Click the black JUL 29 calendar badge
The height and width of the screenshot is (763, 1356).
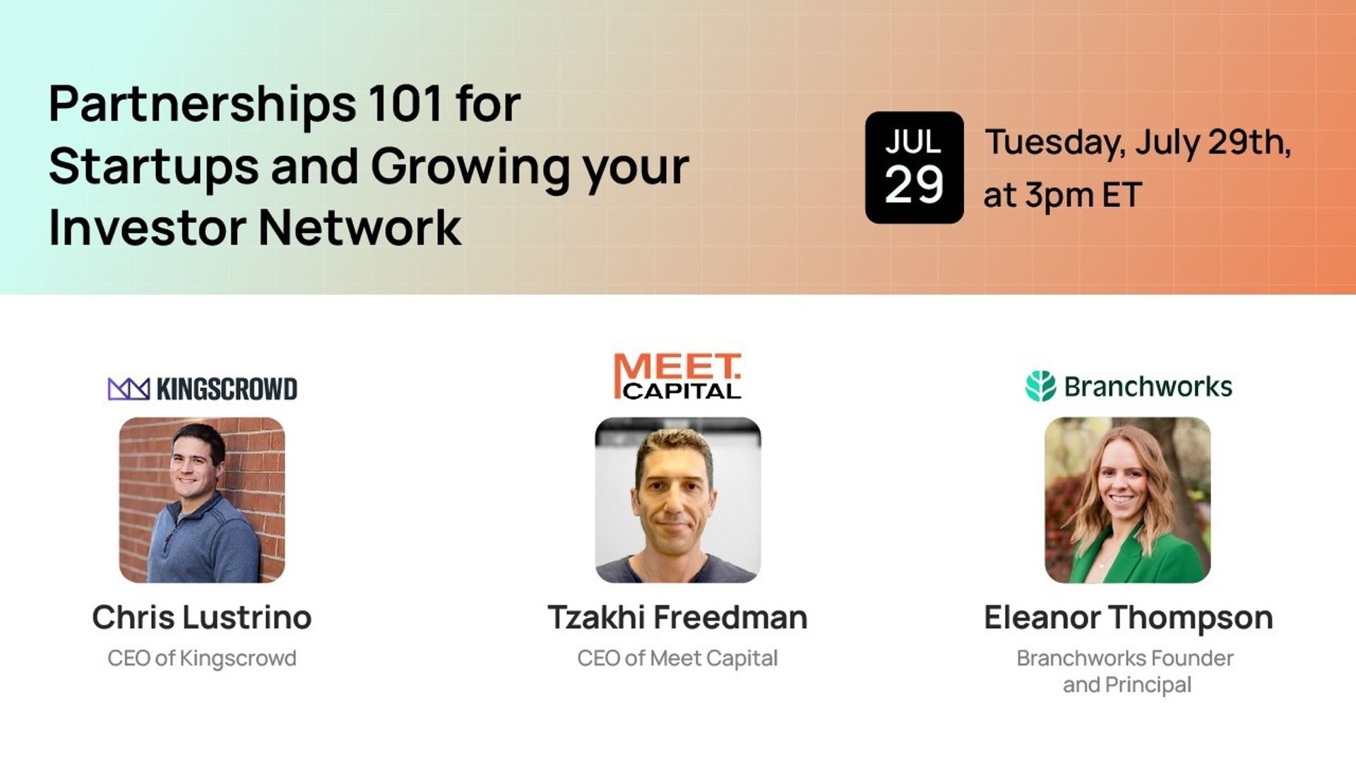coord(914,167)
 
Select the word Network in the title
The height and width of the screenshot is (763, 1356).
coord(360,227)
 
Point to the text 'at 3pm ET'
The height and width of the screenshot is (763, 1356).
coord(1062,196)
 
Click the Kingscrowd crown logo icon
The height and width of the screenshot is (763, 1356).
coord(129,389)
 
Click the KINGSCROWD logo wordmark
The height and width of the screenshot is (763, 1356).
coord(227,389)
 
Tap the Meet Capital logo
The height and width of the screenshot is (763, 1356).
coord(678,377)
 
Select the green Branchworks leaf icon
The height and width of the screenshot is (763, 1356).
coord(1040,386)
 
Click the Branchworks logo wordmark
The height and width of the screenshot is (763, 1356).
coord(1148,386)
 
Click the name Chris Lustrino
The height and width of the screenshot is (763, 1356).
coord(202,617)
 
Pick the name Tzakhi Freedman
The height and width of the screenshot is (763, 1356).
coord(677,617)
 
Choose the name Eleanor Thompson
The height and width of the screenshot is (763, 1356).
coord(1129,618)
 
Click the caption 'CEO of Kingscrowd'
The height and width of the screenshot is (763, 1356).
coord(202,658)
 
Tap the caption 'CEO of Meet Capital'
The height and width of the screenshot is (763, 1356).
coord(677,658)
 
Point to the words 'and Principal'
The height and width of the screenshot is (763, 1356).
coord(1127,685)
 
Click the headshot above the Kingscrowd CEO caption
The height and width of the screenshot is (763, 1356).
coord(202,500)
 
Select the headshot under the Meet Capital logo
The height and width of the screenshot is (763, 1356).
coord(678,500)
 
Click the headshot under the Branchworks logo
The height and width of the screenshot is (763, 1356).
coord(1128,500)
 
